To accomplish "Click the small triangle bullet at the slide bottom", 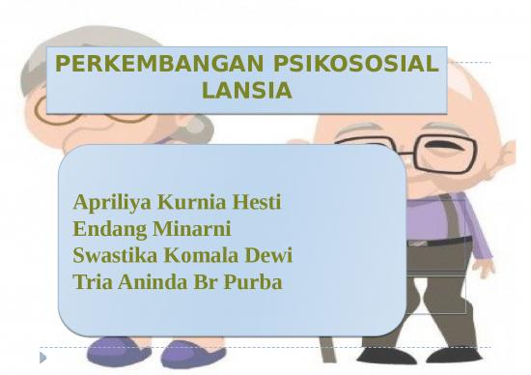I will click(42, 358).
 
